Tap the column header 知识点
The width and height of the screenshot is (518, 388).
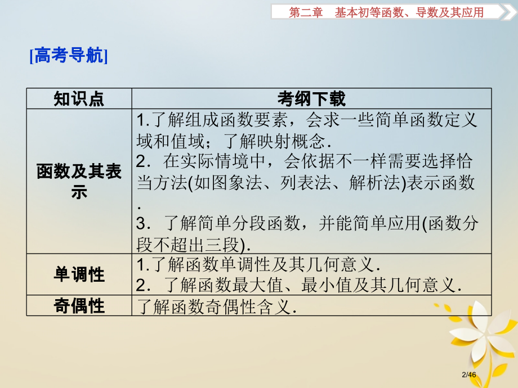[79, 99]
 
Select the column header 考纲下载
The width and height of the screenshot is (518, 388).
[311, 99]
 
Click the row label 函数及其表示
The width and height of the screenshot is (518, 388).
[79, 182]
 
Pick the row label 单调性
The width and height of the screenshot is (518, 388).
[79, 274]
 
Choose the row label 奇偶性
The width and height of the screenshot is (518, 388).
[79, 305]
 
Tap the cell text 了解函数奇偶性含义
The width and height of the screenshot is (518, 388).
[217, 306]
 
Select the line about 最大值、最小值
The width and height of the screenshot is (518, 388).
[298, 285]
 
